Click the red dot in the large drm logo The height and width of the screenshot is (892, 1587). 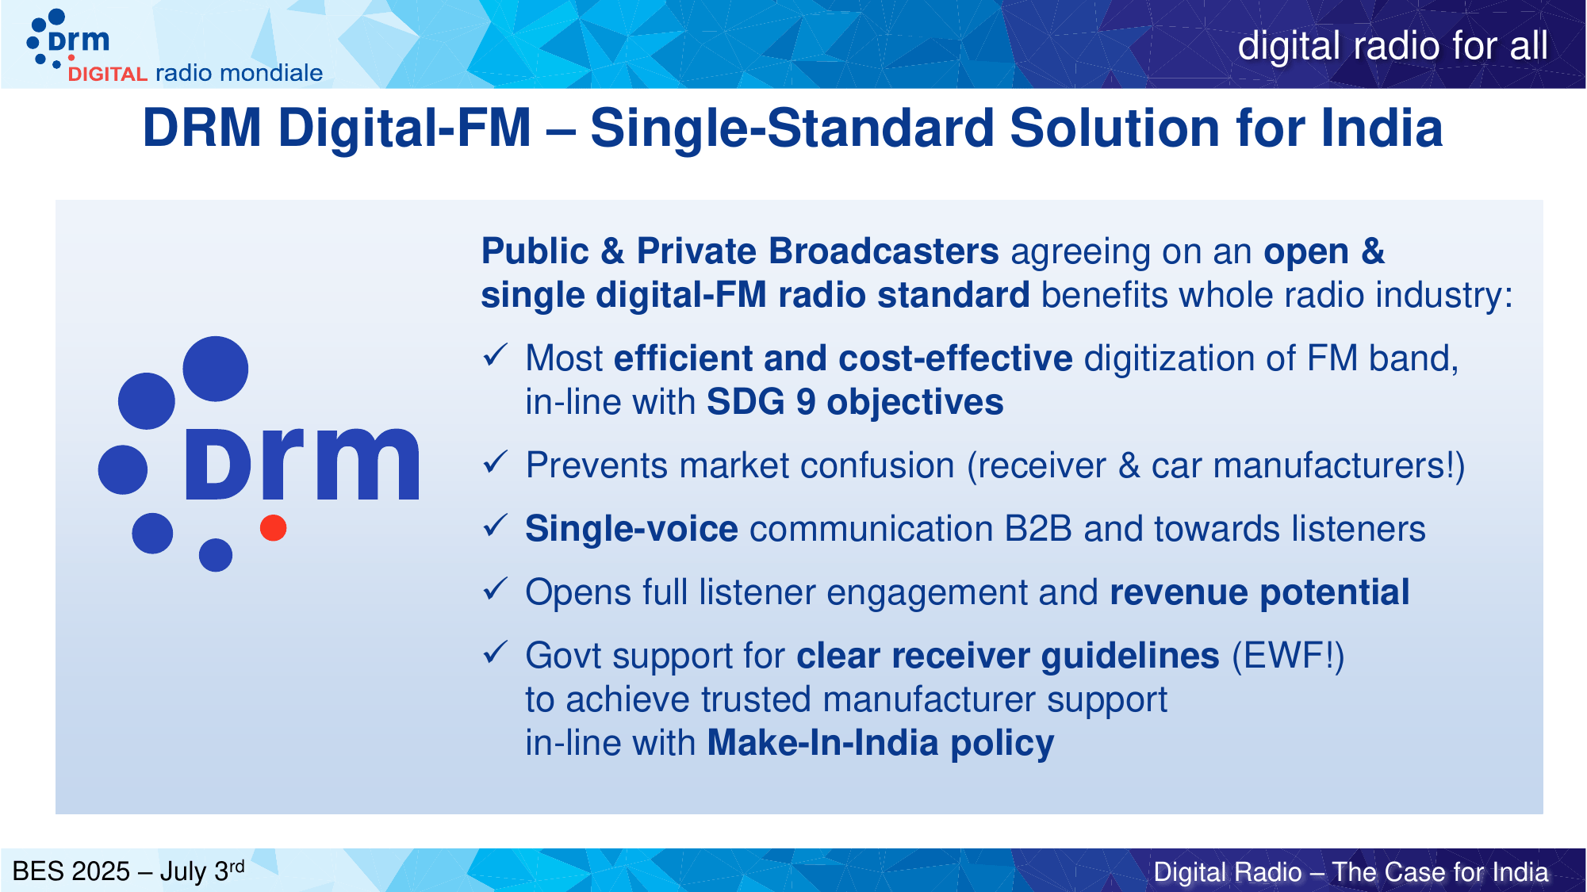[273, 528]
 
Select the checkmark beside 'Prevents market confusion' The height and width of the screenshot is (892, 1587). [495, 462]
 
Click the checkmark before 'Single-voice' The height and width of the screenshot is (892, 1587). [495, 526]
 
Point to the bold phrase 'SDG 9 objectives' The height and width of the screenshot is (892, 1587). [855, 403]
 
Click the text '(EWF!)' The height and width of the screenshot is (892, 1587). [1288, 657]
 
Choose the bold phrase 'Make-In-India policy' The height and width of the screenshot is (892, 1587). [880, 744]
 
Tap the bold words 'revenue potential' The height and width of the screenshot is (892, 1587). [1259, 593]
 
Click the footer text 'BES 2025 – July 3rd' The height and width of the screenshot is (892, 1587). [128, 871]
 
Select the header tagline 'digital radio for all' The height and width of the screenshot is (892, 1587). [1393, 46]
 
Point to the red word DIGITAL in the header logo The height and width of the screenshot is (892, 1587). [108, 75]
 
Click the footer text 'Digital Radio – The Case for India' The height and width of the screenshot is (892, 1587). [1351, 872]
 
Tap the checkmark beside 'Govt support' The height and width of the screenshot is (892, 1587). [495, 653]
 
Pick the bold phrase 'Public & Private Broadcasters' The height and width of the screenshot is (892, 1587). [740, 252]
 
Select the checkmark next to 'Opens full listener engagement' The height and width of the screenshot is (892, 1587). [495, 589]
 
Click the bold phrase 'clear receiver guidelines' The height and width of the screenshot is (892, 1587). [1008, 657]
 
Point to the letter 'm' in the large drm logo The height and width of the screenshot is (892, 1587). [367, 464]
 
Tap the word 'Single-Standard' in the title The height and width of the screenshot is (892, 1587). [792, 128]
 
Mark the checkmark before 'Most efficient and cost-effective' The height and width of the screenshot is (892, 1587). [495, 355]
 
